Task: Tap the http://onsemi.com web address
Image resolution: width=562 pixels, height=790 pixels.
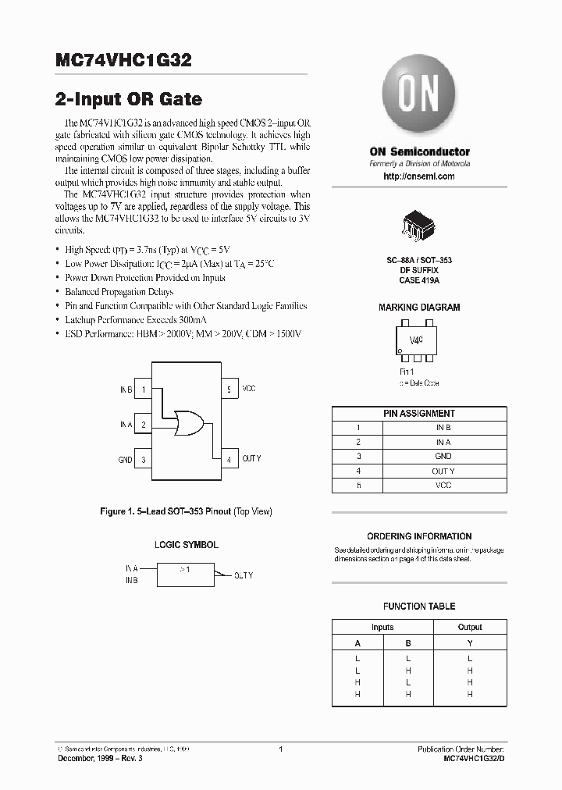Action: click(x=419, y=177)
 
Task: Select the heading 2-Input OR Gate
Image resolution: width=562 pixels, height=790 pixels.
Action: click(x=129, y=100)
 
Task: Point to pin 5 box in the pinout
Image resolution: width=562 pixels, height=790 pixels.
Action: click(x=229, y=389)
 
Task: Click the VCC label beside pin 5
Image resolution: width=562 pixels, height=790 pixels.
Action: click(x=249, y=389)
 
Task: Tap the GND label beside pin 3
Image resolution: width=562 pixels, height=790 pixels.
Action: click(x=125, y=461)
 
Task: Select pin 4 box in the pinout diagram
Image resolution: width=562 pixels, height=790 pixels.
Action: click(x=229, y=460)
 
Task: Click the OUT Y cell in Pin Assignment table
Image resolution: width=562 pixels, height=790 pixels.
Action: click(x=443, y=471)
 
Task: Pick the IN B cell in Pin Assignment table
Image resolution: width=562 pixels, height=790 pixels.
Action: click(x=443, y=428)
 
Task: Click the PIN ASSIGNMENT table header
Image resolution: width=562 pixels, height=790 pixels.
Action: click(x=419, y=414)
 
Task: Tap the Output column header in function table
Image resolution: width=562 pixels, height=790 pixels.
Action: click(x=470, y=627)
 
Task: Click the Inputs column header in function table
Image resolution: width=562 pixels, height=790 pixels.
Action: click(x=382, y=627)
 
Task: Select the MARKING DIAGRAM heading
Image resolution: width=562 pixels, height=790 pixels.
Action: click(x=419, y=308)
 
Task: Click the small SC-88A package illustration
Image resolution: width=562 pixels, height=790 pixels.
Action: click(x=419, y=224)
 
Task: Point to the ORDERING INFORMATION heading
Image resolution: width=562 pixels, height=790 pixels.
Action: click(x=419, y=536)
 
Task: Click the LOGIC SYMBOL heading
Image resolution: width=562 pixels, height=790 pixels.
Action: click(x=186, y=545)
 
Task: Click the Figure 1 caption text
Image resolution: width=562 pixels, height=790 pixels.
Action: click(x=186, y=511)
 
